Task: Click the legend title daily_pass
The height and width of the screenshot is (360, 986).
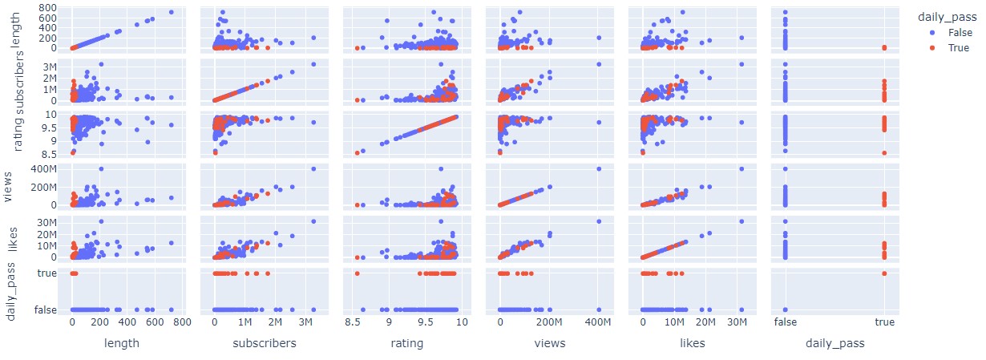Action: coord(947,14)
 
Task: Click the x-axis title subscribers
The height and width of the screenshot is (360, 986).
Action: coord(265,343)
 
